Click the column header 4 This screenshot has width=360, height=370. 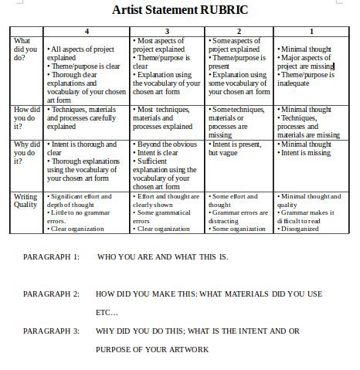[x=87, y=30]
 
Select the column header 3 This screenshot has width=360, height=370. [x=167, y=30]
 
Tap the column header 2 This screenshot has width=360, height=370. [x=239, y=30]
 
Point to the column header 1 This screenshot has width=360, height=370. [x=311, y=30]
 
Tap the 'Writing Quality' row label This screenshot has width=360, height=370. [x=25, y=201]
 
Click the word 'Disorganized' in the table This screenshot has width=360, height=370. [x=300, y=229]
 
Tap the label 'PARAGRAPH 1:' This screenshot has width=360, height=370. [x=51, y=256]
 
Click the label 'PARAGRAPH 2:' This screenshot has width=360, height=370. [x=51, y=294]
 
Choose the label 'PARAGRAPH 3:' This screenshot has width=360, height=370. [x=51, y=331]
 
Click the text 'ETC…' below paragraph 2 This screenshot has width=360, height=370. [x=107, y=313]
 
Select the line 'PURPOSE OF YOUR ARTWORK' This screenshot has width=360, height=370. [x=152, y=349]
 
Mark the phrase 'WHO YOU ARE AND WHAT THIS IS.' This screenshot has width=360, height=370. [x=162, y=256]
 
